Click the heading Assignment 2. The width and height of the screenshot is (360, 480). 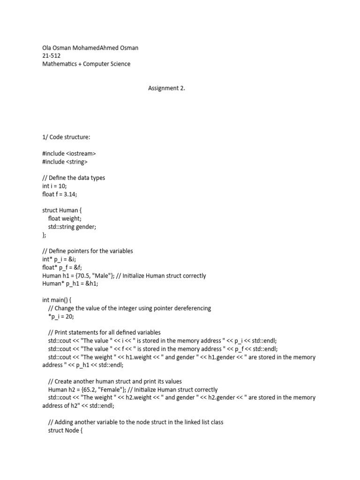[166, 88]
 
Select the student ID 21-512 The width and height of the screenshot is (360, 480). [51, 56]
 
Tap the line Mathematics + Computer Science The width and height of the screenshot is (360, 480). [86, 64]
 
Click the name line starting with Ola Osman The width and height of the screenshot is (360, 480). [90, 48]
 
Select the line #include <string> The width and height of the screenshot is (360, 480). [65, 162]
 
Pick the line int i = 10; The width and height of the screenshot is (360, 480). [54, 186]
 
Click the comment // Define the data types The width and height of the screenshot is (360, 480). [73, 178]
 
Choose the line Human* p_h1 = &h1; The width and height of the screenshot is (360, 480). [70, 284]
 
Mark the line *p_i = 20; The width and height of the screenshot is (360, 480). [61, 316]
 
